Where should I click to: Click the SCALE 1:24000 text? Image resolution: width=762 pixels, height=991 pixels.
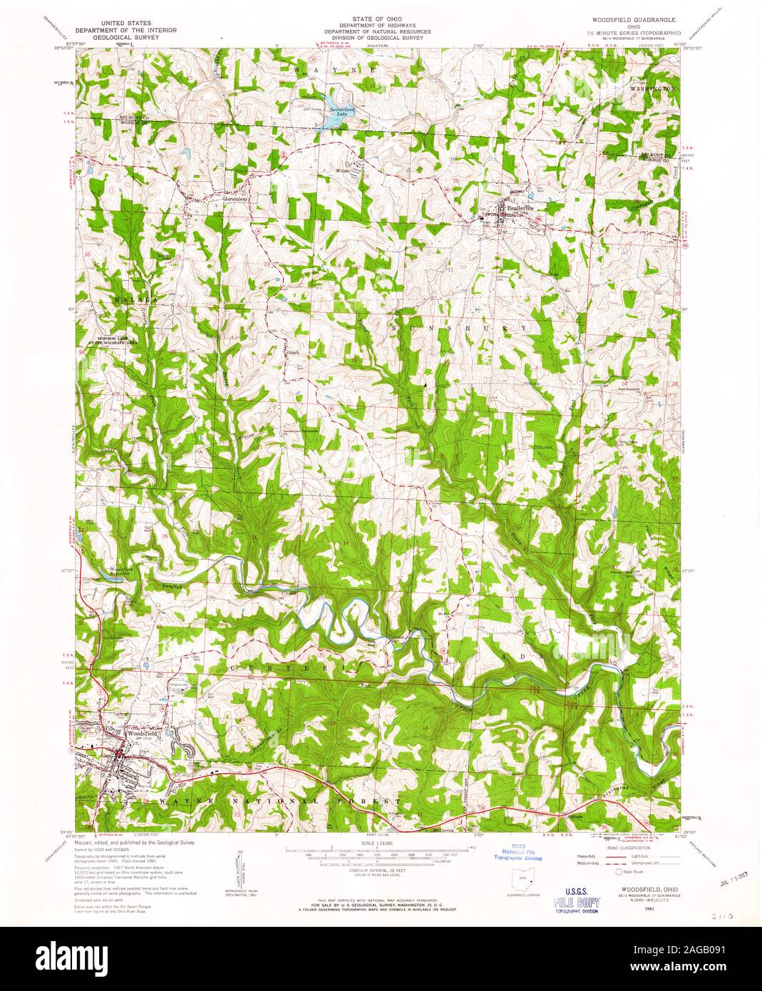(x=380, y=843)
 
